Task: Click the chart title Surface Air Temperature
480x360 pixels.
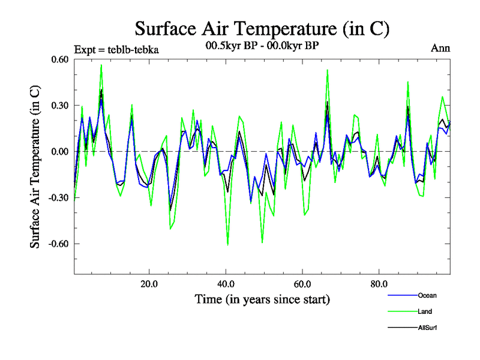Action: [262, 29]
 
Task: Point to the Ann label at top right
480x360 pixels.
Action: [440, 49]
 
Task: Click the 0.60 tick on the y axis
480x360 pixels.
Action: [59, 59]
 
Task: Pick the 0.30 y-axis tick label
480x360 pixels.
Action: [59, 106]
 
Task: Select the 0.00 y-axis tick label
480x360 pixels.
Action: [59, 152]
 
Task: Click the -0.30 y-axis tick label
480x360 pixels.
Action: [58, 198]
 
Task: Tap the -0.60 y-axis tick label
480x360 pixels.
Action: [58, 244]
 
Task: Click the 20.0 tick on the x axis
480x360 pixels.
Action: [149, 284]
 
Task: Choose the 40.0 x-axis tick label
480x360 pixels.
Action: [226, 284]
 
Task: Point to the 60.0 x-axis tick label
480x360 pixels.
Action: [302, 284]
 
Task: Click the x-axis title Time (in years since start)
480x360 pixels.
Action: [262, 299]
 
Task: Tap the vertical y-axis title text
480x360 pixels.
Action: [35, 166]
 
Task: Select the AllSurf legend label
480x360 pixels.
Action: [427, 328]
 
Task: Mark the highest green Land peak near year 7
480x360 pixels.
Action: [101, 65]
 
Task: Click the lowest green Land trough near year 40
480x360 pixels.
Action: [228, 245]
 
